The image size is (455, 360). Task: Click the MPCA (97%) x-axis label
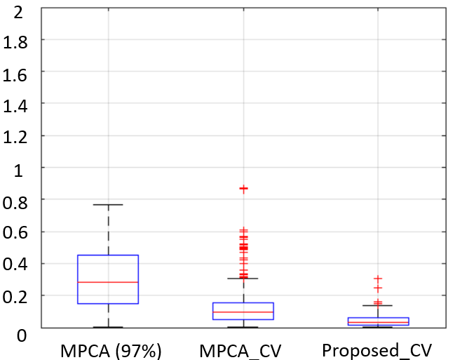(x=111, y=351)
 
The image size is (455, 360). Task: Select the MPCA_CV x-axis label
(x=240, y=352)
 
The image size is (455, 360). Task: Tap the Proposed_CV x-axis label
(x=377, y=351)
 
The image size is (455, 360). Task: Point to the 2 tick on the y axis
(x=18, y=13)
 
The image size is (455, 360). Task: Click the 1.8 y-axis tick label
(x=15, y=43)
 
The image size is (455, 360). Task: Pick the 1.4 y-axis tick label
(x=15, y=107)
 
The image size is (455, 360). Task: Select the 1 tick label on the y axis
(x=18, y=171)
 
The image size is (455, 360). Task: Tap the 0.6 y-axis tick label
(x=15, y=232)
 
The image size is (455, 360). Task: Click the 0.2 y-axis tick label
(x=15, y=298)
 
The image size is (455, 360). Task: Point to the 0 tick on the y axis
(x=21, y=335)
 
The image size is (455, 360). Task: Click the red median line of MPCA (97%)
(x=108, y=282)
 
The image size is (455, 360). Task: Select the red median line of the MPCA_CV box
(x=243, y=312)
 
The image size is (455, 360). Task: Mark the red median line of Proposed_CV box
(x=378, y=322)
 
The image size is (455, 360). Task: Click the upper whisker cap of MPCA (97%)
(x=108, y=204)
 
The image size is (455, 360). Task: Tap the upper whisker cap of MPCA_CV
(x=243, y=279)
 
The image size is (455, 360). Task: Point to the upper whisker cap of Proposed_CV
(x=378, y=305)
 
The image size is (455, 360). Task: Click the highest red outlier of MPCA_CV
(x=244, y=189)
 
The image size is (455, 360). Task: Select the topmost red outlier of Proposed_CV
(x=378, y=279)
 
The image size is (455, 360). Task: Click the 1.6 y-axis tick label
(x=15, y=75)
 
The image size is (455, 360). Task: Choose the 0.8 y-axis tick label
(x=15, y=203)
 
